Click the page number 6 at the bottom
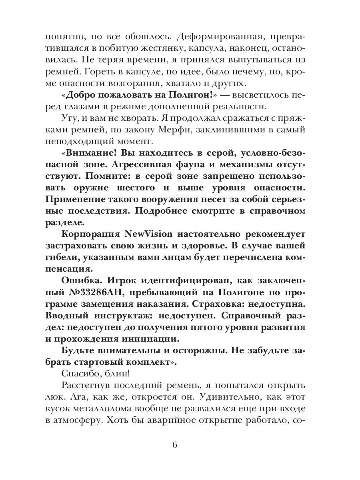click(x=180, y=445)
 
